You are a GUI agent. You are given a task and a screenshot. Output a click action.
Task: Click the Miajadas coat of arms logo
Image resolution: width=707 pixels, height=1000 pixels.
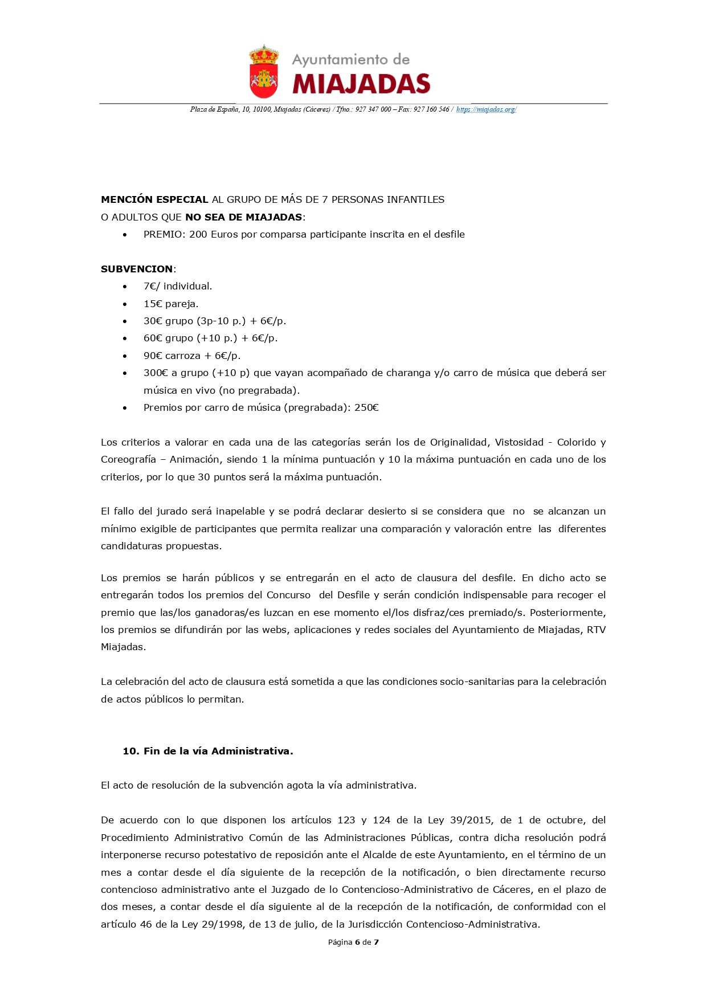click(x=264, y=72)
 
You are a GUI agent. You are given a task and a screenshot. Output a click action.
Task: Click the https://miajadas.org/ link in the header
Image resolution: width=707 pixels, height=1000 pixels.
click(x=486, y=109)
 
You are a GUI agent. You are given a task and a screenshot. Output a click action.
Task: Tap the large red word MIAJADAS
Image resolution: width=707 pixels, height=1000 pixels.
click(x=361, y=84)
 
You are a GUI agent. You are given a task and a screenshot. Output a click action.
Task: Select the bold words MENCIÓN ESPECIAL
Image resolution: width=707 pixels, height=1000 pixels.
click(x=154, y=199)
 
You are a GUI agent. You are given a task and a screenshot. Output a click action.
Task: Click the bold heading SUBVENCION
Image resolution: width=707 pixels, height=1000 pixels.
click(x=137, y=269)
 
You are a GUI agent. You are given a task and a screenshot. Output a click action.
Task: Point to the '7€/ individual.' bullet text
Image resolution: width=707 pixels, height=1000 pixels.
click(x=178, y=286)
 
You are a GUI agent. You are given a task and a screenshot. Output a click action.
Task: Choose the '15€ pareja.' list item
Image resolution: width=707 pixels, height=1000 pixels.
click(x=171, y=304)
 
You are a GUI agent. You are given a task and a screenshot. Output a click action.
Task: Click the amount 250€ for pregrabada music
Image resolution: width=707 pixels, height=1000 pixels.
click(x=366, y=407)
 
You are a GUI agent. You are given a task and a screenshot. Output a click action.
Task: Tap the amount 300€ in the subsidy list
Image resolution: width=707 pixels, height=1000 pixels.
click(x=156, y=373)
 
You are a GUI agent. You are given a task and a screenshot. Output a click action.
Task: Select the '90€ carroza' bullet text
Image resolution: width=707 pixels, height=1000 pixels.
click(x=171, y=356)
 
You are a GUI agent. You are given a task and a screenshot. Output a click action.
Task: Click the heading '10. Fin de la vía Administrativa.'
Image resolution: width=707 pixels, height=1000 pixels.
click(x=208, y=751)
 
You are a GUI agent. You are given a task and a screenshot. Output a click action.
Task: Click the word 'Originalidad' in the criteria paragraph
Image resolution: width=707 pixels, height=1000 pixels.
click(x=459, y=442)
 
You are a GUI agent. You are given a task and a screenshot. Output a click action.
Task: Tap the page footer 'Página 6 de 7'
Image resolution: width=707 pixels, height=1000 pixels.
click(x=353, y=942)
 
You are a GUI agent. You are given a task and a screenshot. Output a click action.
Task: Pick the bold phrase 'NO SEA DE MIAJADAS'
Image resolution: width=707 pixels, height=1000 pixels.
click(x=243, y=217)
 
